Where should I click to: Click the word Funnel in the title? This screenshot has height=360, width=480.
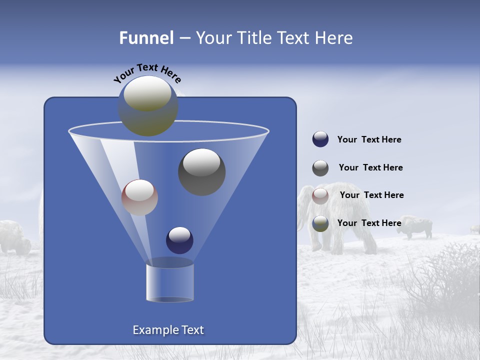click(146, 38)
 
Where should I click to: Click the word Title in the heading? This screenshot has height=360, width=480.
click(252, 38)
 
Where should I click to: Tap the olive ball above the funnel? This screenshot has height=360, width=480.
click(148, 106)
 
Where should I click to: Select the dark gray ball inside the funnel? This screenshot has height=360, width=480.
click(202, 172)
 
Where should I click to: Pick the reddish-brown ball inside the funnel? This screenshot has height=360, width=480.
click(139, 197)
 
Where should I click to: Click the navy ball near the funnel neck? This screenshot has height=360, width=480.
click(179, 240)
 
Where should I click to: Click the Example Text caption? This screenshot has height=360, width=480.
click(168, 330)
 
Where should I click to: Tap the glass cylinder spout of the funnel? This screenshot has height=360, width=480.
click(170, 282)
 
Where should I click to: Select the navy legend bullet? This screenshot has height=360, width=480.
click(320, 139)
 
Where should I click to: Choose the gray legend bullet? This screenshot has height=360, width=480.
click(320, 168)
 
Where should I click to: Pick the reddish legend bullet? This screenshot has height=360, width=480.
click(320, 196)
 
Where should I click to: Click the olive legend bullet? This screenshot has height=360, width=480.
click(320, 223)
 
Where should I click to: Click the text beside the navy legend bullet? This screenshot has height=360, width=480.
click(369, 140)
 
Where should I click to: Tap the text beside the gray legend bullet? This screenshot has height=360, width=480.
click(370, 168)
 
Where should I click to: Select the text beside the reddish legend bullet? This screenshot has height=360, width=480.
click(371, 195)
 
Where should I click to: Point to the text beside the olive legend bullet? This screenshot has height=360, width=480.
click(369, 223)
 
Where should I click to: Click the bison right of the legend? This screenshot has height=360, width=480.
click(416, 226)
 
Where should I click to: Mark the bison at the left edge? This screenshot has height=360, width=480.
click(14, 237)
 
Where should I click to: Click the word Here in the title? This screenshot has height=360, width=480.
click(334, 38)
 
